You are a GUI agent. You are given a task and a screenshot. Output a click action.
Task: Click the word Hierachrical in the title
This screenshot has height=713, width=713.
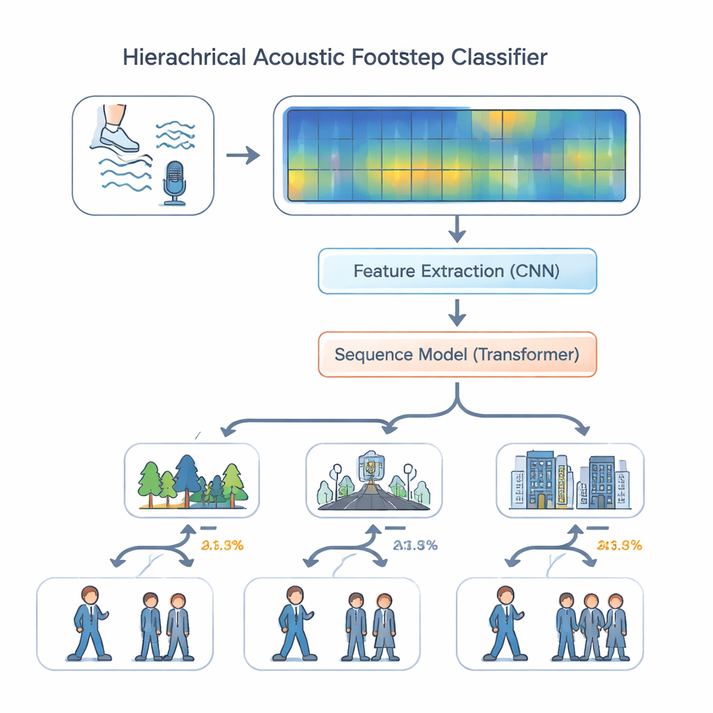184,57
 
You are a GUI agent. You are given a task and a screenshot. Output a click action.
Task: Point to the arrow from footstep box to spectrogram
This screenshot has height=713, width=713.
242,156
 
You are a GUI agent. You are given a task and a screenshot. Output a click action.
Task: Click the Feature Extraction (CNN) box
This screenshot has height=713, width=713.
457,270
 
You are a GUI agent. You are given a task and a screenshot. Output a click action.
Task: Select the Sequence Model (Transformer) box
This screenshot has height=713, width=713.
457,354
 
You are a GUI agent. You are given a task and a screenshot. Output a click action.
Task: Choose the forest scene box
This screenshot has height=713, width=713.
191,480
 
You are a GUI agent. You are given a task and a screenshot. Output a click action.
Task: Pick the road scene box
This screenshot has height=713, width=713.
374,480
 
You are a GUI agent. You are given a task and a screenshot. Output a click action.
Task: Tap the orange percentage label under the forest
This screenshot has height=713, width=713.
221,545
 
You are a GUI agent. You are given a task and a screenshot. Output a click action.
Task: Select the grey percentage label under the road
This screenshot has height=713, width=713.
415,545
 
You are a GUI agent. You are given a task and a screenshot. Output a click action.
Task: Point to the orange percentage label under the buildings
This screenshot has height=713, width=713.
619,545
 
